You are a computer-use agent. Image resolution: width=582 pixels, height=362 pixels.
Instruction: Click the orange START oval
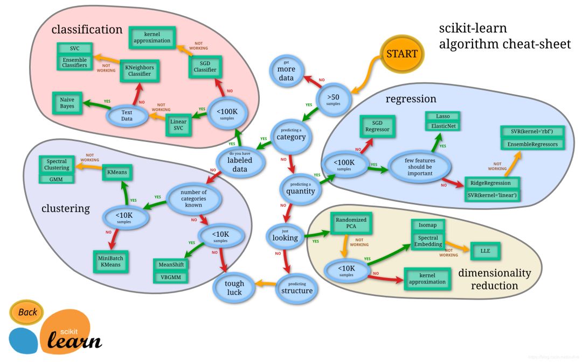401,54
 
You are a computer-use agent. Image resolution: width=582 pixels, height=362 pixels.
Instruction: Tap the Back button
27,312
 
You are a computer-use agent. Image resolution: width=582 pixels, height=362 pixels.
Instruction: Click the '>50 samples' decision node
333,98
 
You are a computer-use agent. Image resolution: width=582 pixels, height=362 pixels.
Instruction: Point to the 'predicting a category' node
291,134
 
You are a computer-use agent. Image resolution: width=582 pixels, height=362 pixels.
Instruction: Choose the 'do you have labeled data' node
240,162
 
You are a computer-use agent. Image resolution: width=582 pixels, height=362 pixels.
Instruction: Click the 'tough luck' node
234,287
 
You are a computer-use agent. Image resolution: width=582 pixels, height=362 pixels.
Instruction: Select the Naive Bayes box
67,103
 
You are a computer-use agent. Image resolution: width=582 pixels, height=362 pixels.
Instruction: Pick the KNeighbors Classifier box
139,70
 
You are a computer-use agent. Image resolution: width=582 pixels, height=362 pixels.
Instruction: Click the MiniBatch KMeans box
110,262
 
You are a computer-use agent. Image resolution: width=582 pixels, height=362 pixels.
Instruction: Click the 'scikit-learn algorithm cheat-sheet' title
504,36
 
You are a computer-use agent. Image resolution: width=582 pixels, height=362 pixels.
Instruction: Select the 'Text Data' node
127,115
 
